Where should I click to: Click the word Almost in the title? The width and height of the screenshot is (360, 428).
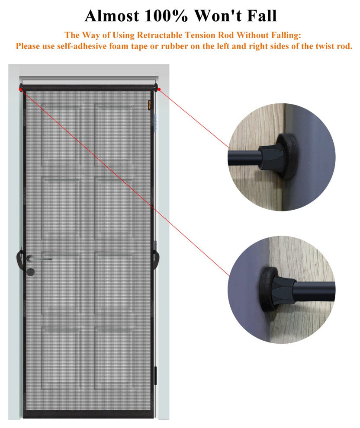pyautogui.click(x=112, y=16)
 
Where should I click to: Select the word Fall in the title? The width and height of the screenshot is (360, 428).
pyautogui.click(x=262, y=16)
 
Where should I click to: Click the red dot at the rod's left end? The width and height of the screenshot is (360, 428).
pyautogui.click(x=20, y=89)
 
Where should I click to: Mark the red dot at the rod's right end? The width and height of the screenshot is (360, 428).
pyautogui.click(x=159, y=89)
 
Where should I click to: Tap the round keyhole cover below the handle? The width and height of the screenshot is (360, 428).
pyautogui.click(x=31, y=272)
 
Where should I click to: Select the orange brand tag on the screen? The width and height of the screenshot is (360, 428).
pyautogui.click(x=149, y=105)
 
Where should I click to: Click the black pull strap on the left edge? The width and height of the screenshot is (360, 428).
pyautogui.click(x=20, y=259)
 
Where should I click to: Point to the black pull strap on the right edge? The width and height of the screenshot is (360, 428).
pyautogui.click(x=157, y=259)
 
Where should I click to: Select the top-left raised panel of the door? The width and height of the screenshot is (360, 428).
pyautogui.click(x=61, y=135)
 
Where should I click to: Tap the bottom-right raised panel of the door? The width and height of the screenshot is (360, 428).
pyautogui.click(x=114, y=358)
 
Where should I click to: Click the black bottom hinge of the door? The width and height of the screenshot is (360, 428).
pyautogui.click(x=156, y=376)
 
